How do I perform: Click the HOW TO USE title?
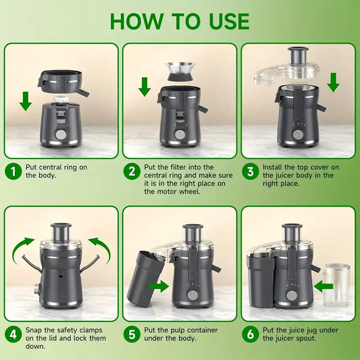[x=179, y=20]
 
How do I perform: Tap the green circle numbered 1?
[x=14, y=172]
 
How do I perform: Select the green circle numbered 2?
[x=132, y=172]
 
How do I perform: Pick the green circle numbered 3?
[x=250, y=172]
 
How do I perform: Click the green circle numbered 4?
[x=14, y=333]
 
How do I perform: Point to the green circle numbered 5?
[x=132, y=333]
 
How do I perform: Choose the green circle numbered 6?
[x=250, y=333]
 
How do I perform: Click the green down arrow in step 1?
[x=25, y=101]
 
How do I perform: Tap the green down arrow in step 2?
[x=144, y=86]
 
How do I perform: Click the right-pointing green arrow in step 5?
[x=159, y=286]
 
